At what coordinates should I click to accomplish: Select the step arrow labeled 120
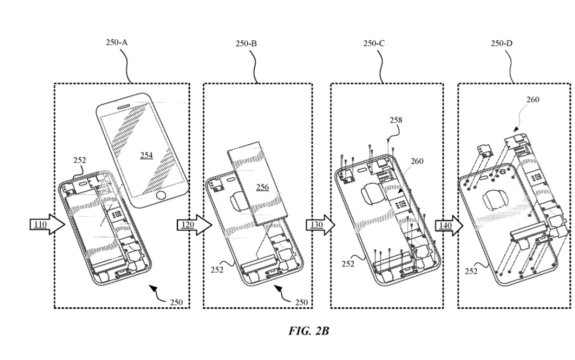(x=194, y=224)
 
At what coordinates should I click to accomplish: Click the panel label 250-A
(x=116, y=43)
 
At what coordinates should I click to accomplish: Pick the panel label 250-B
(x=246, y=44)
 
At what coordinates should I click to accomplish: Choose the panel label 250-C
(x=374, y=44)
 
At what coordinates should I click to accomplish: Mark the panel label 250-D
(x=502, y=44)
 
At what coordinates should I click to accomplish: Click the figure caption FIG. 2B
(x=309, y=331)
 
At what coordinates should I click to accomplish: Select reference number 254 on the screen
(x=147, y=155)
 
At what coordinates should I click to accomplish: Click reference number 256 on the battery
(x=262, y=187)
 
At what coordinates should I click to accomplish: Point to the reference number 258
(x=396, y=120)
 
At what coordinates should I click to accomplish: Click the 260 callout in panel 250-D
(x=532, y=100)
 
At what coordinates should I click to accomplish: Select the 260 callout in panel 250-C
(x=416, y=161)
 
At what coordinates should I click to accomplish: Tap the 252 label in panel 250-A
(x=80, y=161)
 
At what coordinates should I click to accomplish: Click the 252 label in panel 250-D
(x=471, y=271)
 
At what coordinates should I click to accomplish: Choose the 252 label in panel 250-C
(x=348, y=263)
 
